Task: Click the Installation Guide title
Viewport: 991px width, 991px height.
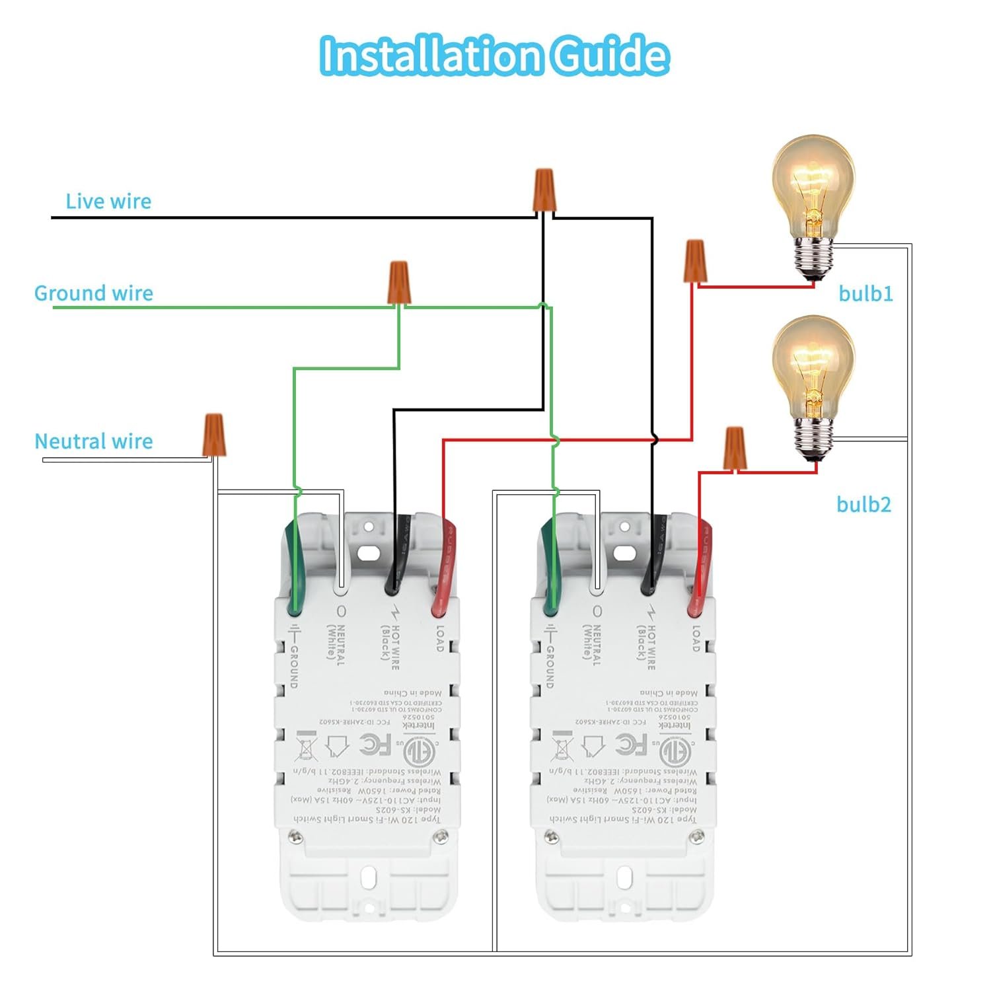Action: point(494,55)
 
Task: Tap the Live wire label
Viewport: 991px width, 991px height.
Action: point(108,202)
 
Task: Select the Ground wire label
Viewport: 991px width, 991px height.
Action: point(94,293)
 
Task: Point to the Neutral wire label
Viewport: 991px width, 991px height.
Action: point(94,441)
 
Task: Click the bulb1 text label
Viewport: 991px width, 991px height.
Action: point(865,293)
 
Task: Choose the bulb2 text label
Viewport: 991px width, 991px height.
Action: point(863,505)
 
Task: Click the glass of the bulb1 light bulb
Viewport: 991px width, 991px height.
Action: point(813,185)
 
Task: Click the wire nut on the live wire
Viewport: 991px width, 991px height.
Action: point(544,190)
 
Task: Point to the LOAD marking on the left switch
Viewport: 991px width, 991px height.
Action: point(441,638)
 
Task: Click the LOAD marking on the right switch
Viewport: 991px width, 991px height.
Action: point(696,638)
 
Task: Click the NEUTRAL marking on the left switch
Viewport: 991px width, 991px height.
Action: point(336,643)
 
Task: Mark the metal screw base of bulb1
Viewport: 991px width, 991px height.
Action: point(813,258)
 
